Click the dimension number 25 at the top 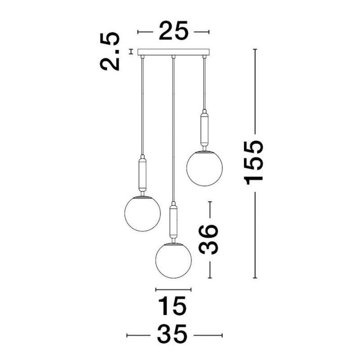pos(173,31)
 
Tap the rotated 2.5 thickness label pos(110,51)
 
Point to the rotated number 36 pos(208,239)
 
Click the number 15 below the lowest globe pos(172,306)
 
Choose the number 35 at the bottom pos(172,334)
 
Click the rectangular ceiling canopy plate pos(174,52)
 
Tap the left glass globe pos(142,213)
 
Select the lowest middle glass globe pos(173,261)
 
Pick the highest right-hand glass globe pos(204,168)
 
